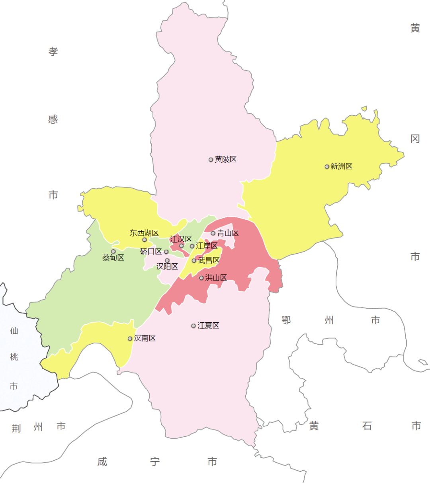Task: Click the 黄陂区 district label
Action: click(226, 160)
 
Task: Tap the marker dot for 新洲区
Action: click(327, 167)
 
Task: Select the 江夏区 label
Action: click(208, 326)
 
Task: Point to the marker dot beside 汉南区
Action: click(130, 339)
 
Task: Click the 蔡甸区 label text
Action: click(113, 258)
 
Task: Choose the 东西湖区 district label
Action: click(144, 233)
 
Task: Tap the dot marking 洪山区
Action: click(201, 278)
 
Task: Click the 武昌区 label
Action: click(209, 260)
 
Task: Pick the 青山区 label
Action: click(228, 233)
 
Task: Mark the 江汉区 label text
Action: click(181, 239)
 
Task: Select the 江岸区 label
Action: click(207, 246)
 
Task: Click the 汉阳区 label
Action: click(167, 267)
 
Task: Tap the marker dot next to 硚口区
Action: click(166, 252)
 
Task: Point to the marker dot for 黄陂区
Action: click(211, 160)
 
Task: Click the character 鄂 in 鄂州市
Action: click(286, 320)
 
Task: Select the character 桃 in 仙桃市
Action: click(14, 357)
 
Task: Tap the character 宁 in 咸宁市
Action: click(155, 462)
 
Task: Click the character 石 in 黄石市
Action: click(367, 426)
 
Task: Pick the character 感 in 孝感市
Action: click(53, 120)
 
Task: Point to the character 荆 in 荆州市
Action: click(16, 428)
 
